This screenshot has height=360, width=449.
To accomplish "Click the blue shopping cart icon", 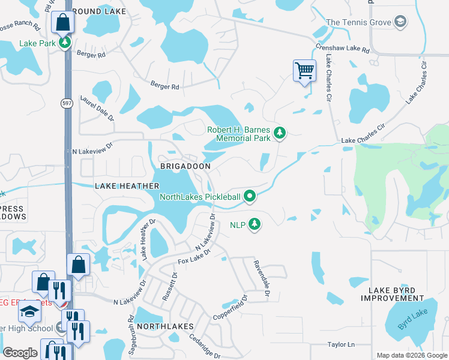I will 304,71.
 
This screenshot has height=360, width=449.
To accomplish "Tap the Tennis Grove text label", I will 358,23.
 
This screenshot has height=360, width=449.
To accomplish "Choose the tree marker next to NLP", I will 255,224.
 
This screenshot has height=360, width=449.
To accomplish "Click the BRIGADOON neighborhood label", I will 184,166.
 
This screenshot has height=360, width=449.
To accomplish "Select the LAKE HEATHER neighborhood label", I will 127,187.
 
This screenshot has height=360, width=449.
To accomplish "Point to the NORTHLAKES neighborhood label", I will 164,326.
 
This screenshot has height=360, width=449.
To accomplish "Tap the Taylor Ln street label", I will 341,344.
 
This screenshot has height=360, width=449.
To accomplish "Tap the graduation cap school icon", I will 29,310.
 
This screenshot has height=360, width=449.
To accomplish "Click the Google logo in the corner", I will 20,353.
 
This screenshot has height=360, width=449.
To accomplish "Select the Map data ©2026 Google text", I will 412,355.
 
